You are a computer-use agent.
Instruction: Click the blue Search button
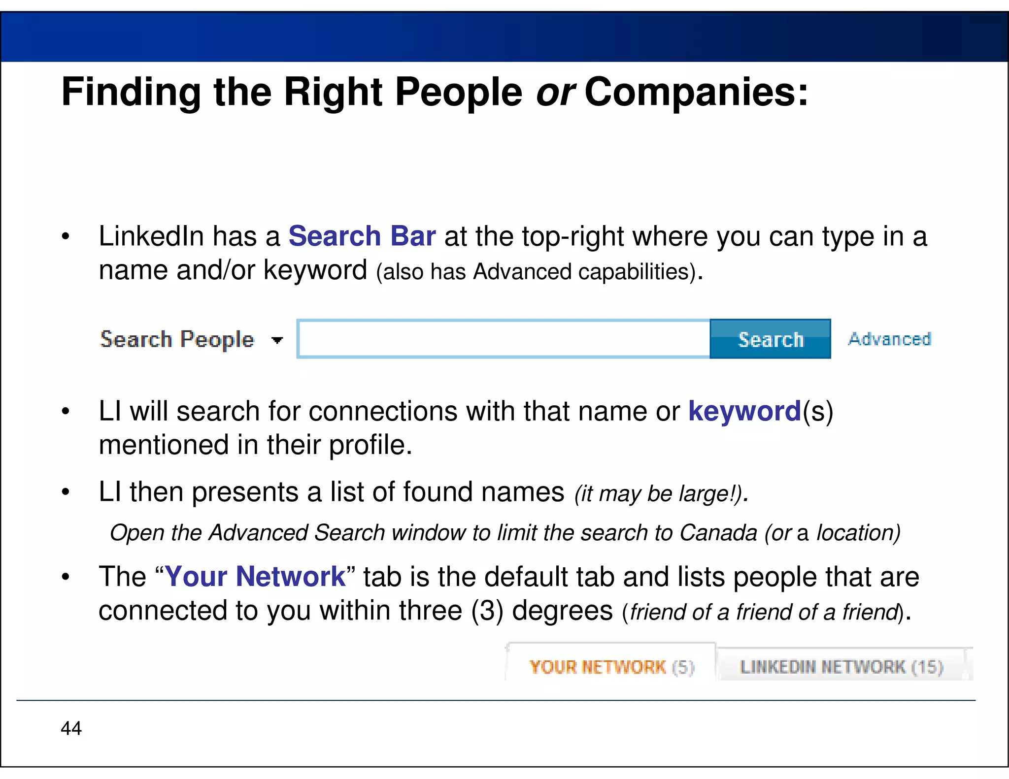click(x=770, y=339)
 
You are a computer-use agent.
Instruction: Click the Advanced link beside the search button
click(x=890, y=339)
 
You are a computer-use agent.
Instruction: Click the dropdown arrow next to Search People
click(x=277, y=340)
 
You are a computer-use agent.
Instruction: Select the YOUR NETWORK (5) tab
click(x=611, y=667)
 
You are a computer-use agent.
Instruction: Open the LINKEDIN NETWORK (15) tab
click(x=841, y=667)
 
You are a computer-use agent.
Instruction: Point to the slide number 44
click(x=71, y=728)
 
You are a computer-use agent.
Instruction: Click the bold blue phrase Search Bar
click(x=362, y=236)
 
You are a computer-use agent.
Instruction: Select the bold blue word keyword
click(x=744, y=411)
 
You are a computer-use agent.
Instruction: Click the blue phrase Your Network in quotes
click(x=255, y=577)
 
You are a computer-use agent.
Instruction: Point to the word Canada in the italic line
click(x=718, y=533)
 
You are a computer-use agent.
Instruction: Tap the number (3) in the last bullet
click(x=487, y=611)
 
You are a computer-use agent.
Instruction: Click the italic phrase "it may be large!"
click(x=660, y=494)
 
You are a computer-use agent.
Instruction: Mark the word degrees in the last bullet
click(x=562, y=611)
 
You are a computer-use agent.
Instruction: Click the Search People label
click(x=177, y=339)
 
